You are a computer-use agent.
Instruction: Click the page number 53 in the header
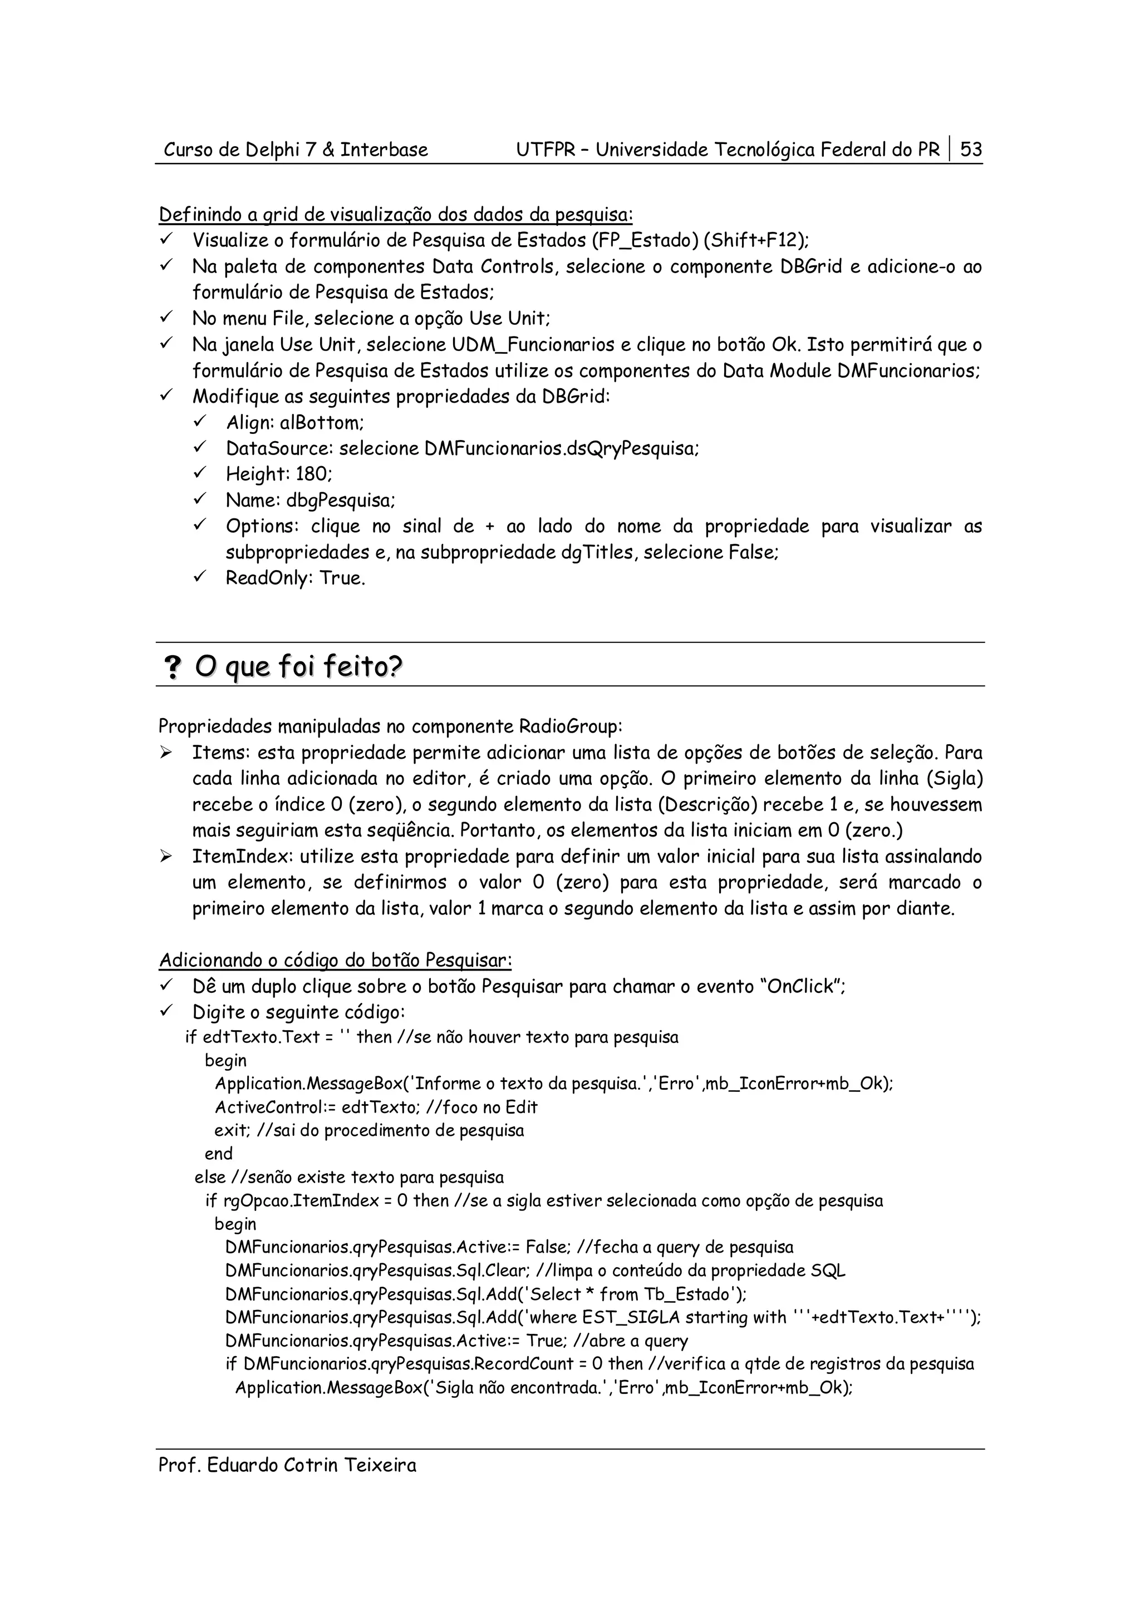click(x=971, y=150)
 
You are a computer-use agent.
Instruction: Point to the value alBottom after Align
click(x=321, y=423)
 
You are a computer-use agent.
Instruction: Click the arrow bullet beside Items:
click(x=166, y=753)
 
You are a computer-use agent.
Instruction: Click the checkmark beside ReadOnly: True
click(x=199, y=577)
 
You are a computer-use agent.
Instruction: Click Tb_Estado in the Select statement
click(x=687, y=1294)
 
